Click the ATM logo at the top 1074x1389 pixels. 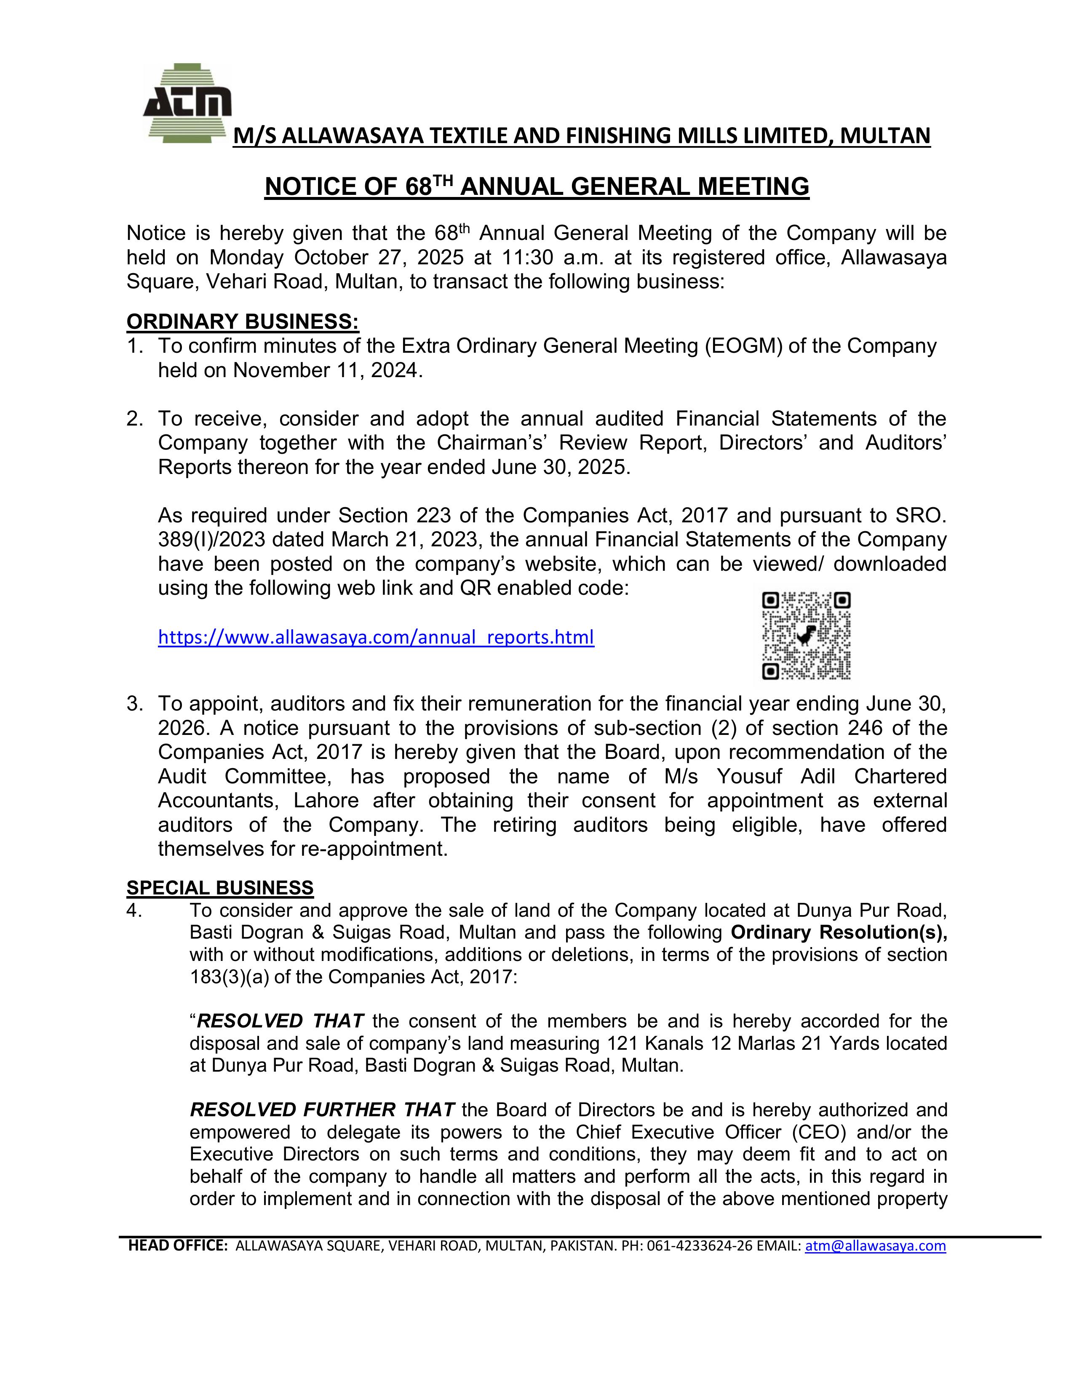pos(187,102)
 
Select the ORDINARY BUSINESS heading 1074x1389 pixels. pos(243,322)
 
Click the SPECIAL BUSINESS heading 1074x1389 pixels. pos(220,887)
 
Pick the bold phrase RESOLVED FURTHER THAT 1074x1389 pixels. pos(322,1110)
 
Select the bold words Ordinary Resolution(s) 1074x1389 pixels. pos(839,932)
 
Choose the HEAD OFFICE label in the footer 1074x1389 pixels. pos(177,1245)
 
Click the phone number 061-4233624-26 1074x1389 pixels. pos(699,1245)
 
